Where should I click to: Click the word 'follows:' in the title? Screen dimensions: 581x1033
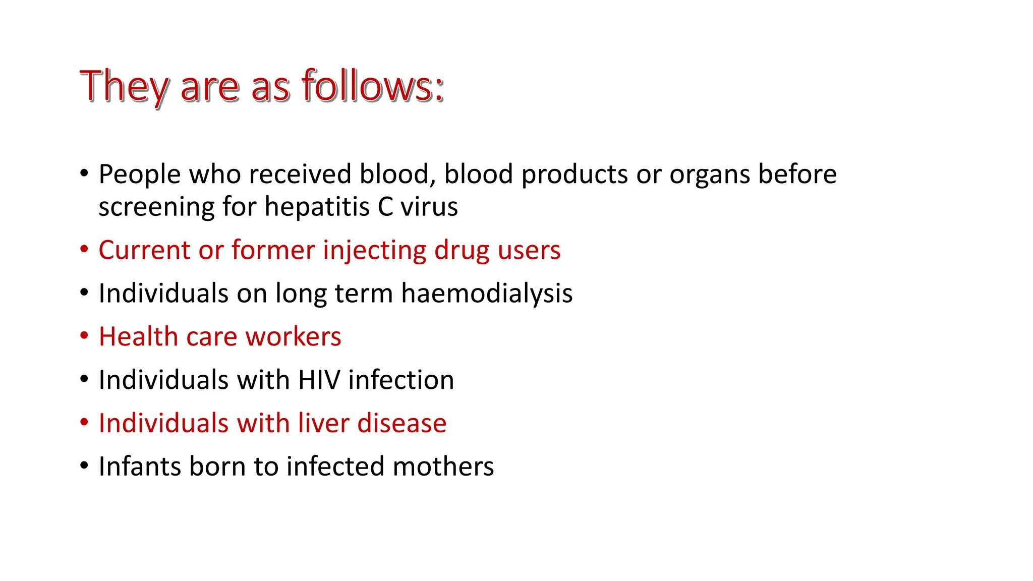pyautogui.click(x=373, y=86)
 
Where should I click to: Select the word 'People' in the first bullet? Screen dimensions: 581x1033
pyautogui.click(x=140, y=175)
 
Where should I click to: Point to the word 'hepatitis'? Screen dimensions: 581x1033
pyautogui.click(x=317, y=207)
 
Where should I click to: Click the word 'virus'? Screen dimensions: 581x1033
pyautogui.click(x=429, y=207)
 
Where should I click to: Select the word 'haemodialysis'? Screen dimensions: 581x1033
pyautogui.click(x=487, y=294)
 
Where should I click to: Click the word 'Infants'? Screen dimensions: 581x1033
pyautogui.click(x=140, y=466)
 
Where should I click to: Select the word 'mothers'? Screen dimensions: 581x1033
pyautogui.click(x=443, y=466)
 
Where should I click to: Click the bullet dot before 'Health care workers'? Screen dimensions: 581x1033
pyautogui.click(x=84, y=336)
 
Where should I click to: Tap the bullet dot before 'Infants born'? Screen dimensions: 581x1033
pyautogui.click(x=84, y=466)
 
